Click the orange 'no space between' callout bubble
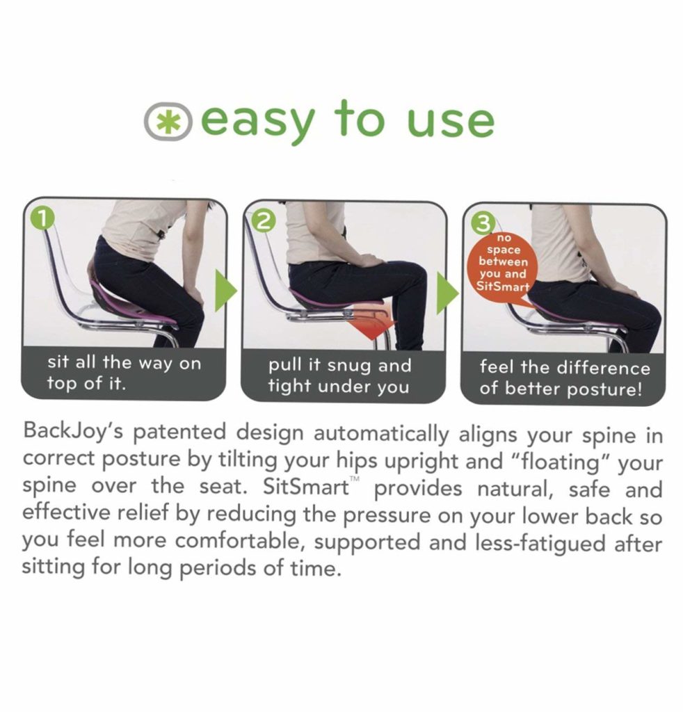click(x=503, y=264)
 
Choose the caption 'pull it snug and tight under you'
click(x=339, y=375)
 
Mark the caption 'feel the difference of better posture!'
click(x=563, y=378)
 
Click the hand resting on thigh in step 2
click(x=367, y=260)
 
